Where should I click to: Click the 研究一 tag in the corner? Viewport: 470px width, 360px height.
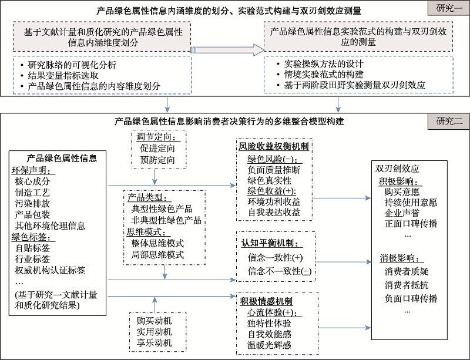(x=448, y=9)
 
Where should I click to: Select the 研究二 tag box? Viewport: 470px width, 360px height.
(x=448, y=122)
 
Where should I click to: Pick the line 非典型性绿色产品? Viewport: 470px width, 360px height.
(x=166, y=220)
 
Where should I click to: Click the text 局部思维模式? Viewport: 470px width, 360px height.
(x=158, y=254)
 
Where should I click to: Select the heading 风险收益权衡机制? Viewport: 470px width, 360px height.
(x=274, y=146)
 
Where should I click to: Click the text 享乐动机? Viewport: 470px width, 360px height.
(x=155, y=343)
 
